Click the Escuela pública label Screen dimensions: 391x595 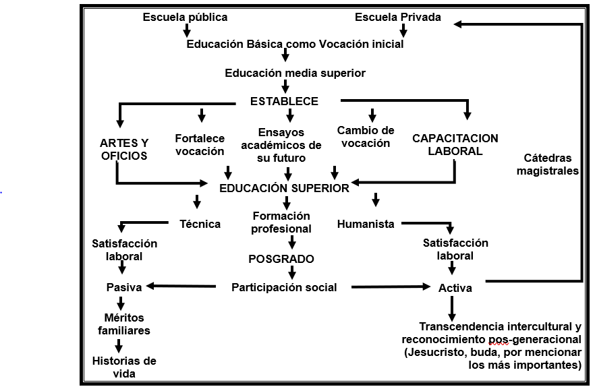[x=185, y=17]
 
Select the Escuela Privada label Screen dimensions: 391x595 [x=398, y=17]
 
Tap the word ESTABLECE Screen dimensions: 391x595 [x=284, y=101]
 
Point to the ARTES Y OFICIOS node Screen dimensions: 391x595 [x=124, y=149]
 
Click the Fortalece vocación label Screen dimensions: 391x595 [x=200, y=144]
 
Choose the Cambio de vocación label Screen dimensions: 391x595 [x=366, y=136]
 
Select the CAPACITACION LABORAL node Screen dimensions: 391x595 [x=455, y=145]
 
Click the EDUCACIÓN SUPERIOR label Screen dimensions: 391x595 [x=284, y=188]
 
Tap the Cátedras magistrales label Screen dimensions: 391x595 [x=547, y=164]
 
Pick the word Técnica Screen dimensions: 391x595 [x=200, y=224]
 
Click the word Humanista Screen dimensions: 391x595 [x=366, y=224]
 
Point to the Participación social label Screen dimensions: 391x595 [x=284, y=287]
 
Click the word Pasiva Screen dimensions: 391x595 [x=124, y=287]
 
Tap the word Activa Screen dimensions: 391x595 [x=455, y=288]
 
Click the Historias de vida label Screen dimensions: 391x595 [x=124, y=367]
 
